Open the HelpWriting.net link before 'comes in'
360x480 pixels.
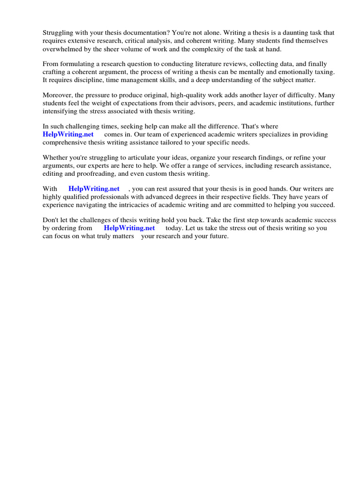[68, 135]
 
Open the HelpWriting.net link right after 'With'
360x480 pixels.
[94, 189]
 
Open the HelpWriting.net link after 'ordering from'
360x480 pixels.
[129, 228]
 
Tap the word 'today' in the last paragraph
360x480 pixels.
[173, 228]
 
